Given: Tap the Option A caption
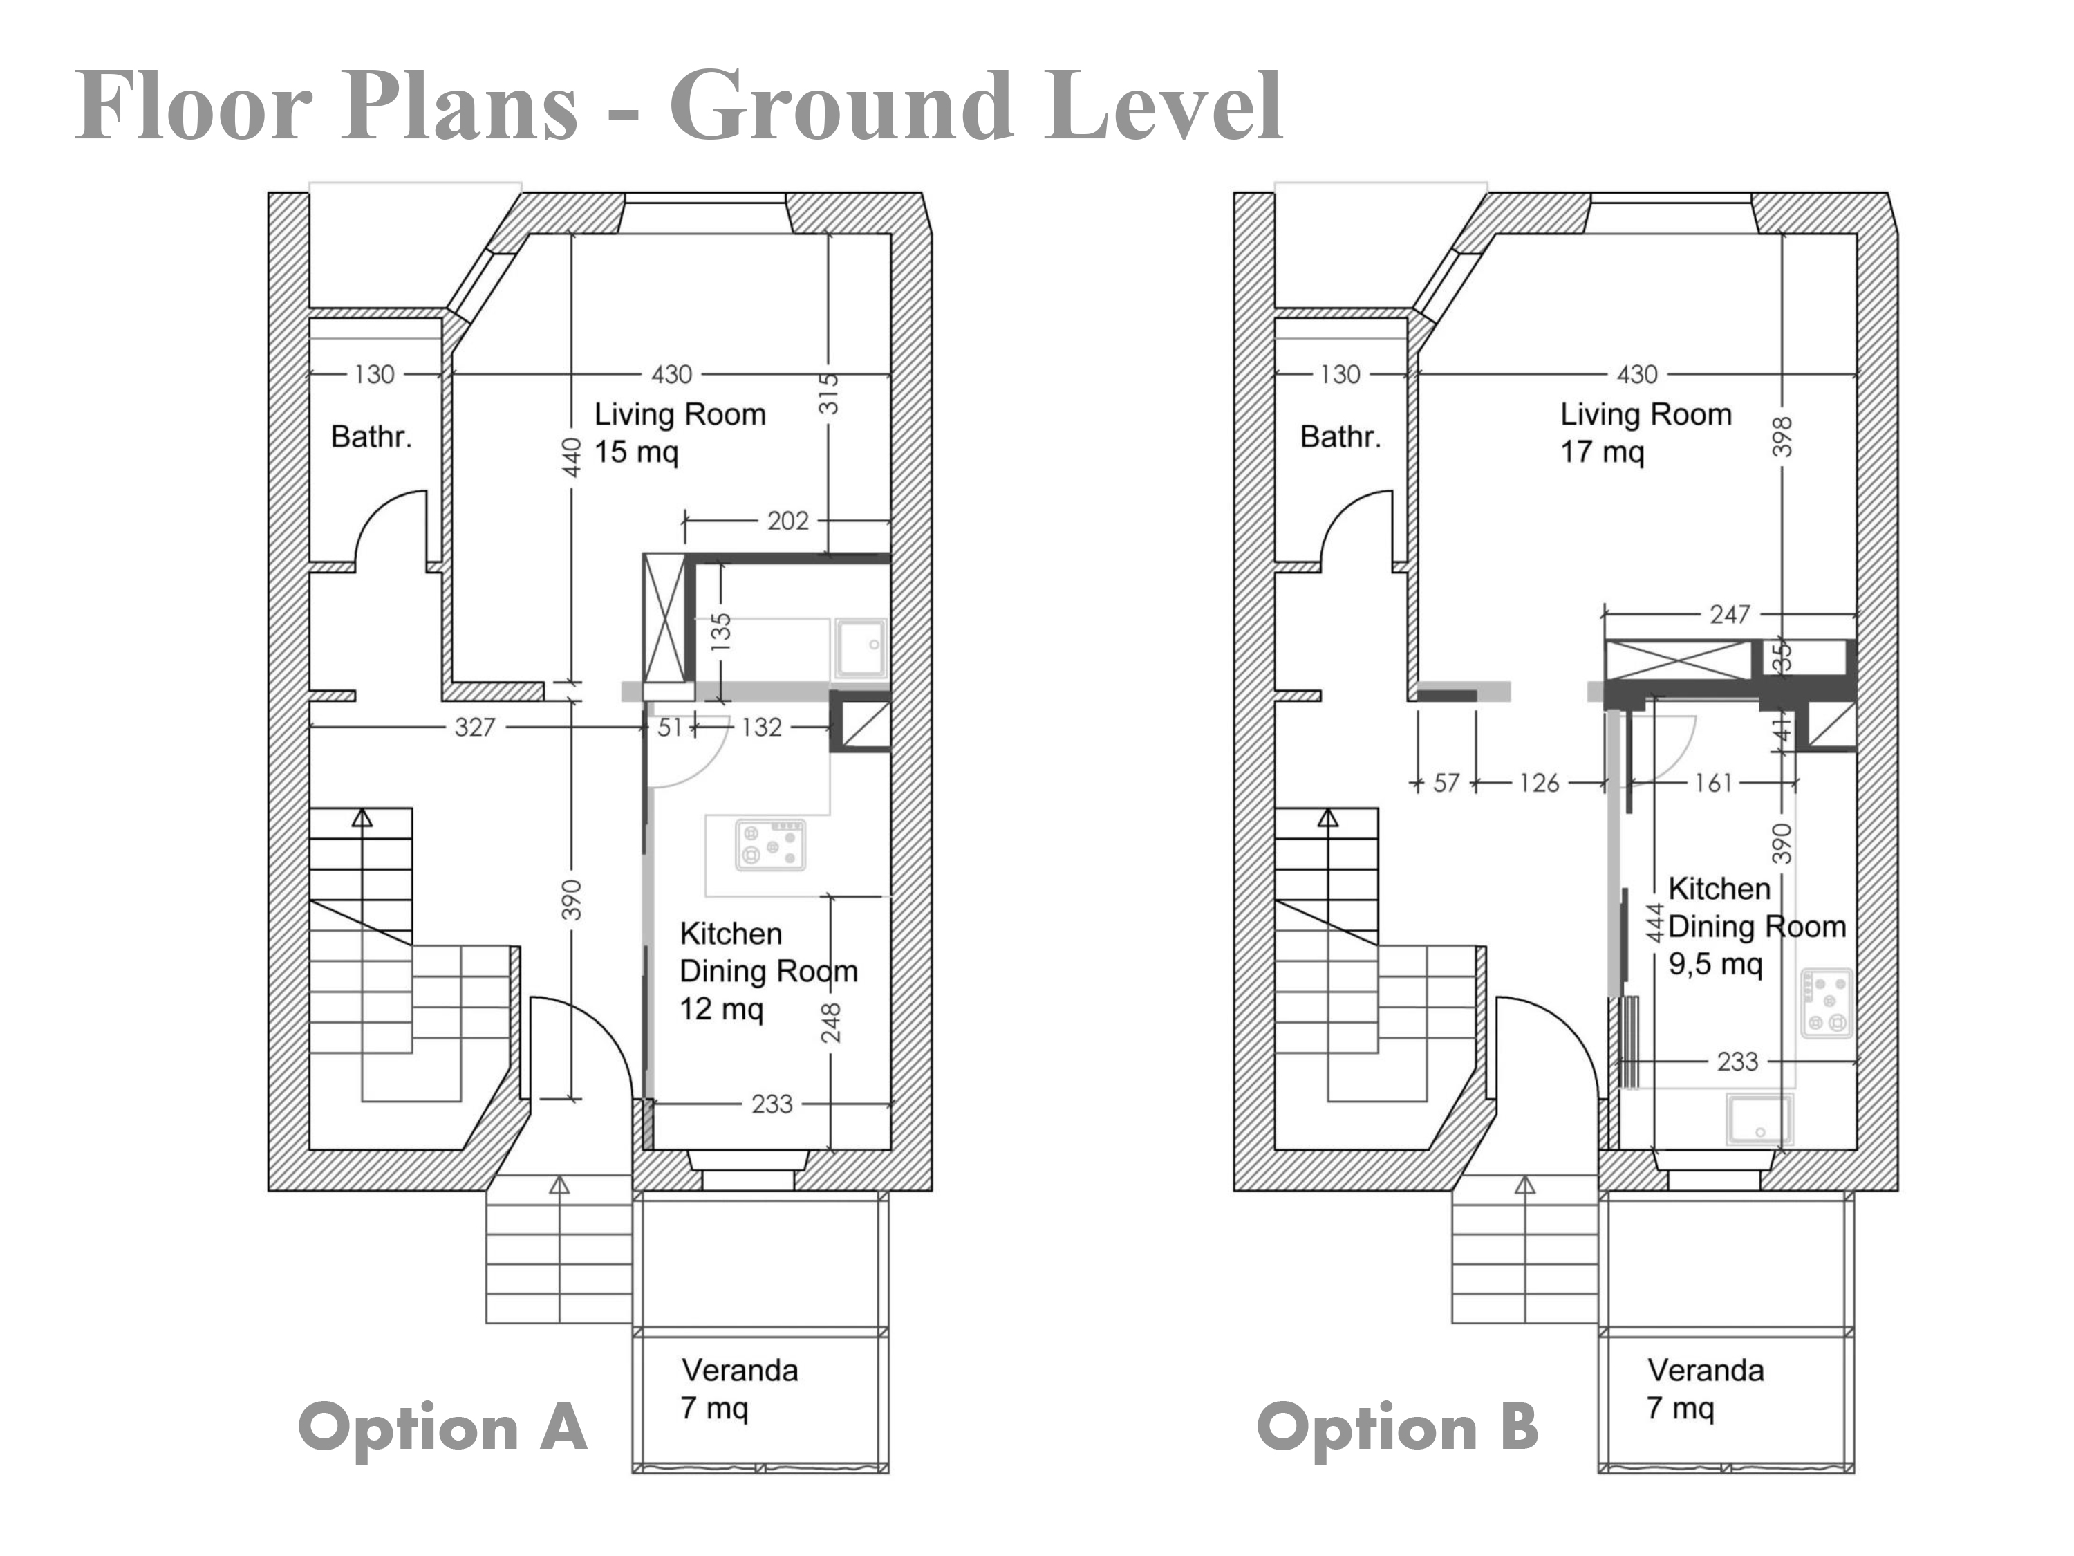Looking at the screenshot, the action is [x=442, y=1427].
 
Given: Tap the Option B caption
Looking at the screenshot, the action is [x=1398, y=1427].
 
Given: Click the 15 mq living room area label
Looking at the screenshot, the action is [x=636, y=452].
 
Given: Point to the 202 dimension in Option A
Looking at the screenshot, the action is [x=787, y=521].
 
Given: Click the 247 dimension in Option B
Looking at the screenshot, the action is [x=1729, y=614].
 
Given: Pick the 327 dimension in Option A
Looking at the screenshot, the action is [x=474, y=727].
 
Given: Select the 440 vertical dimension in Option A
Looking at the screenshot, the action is [x=572, y=458].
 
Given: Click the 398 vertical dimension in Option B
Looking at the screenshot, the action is [x=1782, y=437].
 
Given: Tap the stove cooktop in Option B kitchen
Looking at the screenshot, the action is [x=1827, y=1003].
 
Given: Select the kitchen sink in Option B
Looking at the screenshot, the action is [x=1759, y=1119].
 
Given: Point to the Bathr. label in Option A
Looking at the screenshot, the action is [x=371, y=436].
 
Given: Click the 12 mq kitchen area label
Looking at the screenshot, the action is [x=721, y=1009].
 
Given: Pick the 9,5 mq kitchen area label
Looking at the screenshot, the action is [x=1715, y=964].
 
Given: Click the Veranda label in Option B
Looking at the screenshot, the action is [x=1706, y=1370].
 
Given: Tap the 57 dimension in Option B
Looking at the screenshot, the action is [x=1446, y=783].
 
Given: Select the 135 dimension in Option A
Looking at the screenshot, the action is [x=720, y=632].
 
